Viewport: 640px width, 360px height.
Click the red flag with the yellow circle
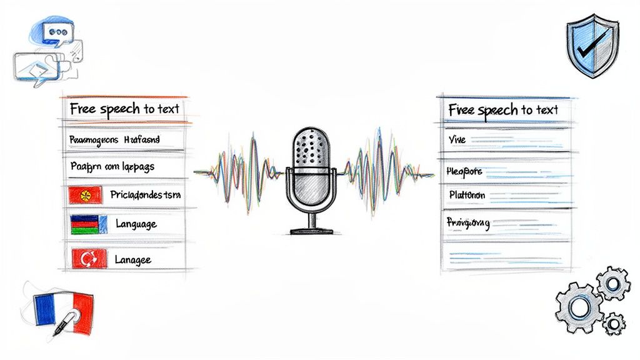85,195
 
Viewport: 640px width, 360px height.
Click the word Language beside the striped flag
136,224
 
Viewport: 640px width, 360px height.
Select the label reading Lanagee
134,259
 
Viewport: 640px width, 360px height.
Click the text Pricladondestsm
145,195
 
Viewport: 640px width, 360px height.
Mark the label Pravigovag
468,222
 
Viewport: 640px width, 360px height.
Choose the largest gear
579,307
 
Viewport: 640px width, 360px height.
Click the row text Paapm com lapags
112,167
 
